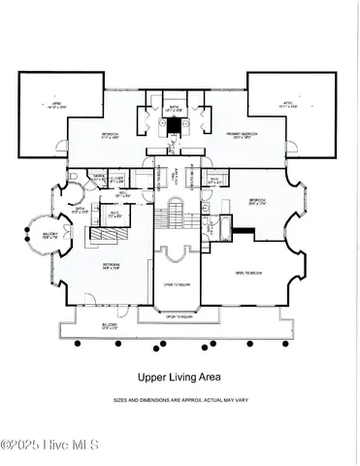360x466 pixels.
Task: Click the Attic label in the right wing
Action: pyautogui.click(x=288, y=107)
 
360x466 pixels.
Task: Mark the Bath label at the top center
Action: pyautogui.click(x=175, y=110)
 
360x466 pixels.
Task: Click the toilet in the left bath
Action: pyautogui.click(x=74, y=176)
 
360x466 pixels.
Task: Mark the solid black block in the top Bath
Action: pyautogui.click(x=174, y=139)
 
